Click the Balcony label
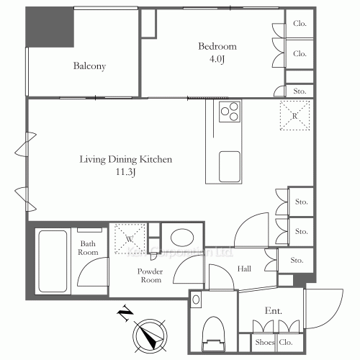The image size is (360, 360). tap(90, 67)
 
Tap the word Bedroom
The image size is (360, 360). tap(217, 47)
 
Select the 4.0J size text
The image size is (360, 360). tap(217, 59)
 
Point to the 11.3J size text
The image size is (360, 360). tap(126, 173)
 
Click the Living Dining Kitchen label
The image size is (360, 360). tap(126, 160)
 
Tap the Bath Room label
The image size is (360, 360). tap(89, 248)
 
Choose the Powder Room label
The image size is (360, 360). tap(150, 276)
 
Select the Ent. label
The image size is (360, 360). tap(273, 311)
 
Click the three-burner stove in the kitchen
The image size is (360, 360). tap(230, 112)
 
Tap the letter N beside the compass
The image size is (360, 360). tap(123, 312)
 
